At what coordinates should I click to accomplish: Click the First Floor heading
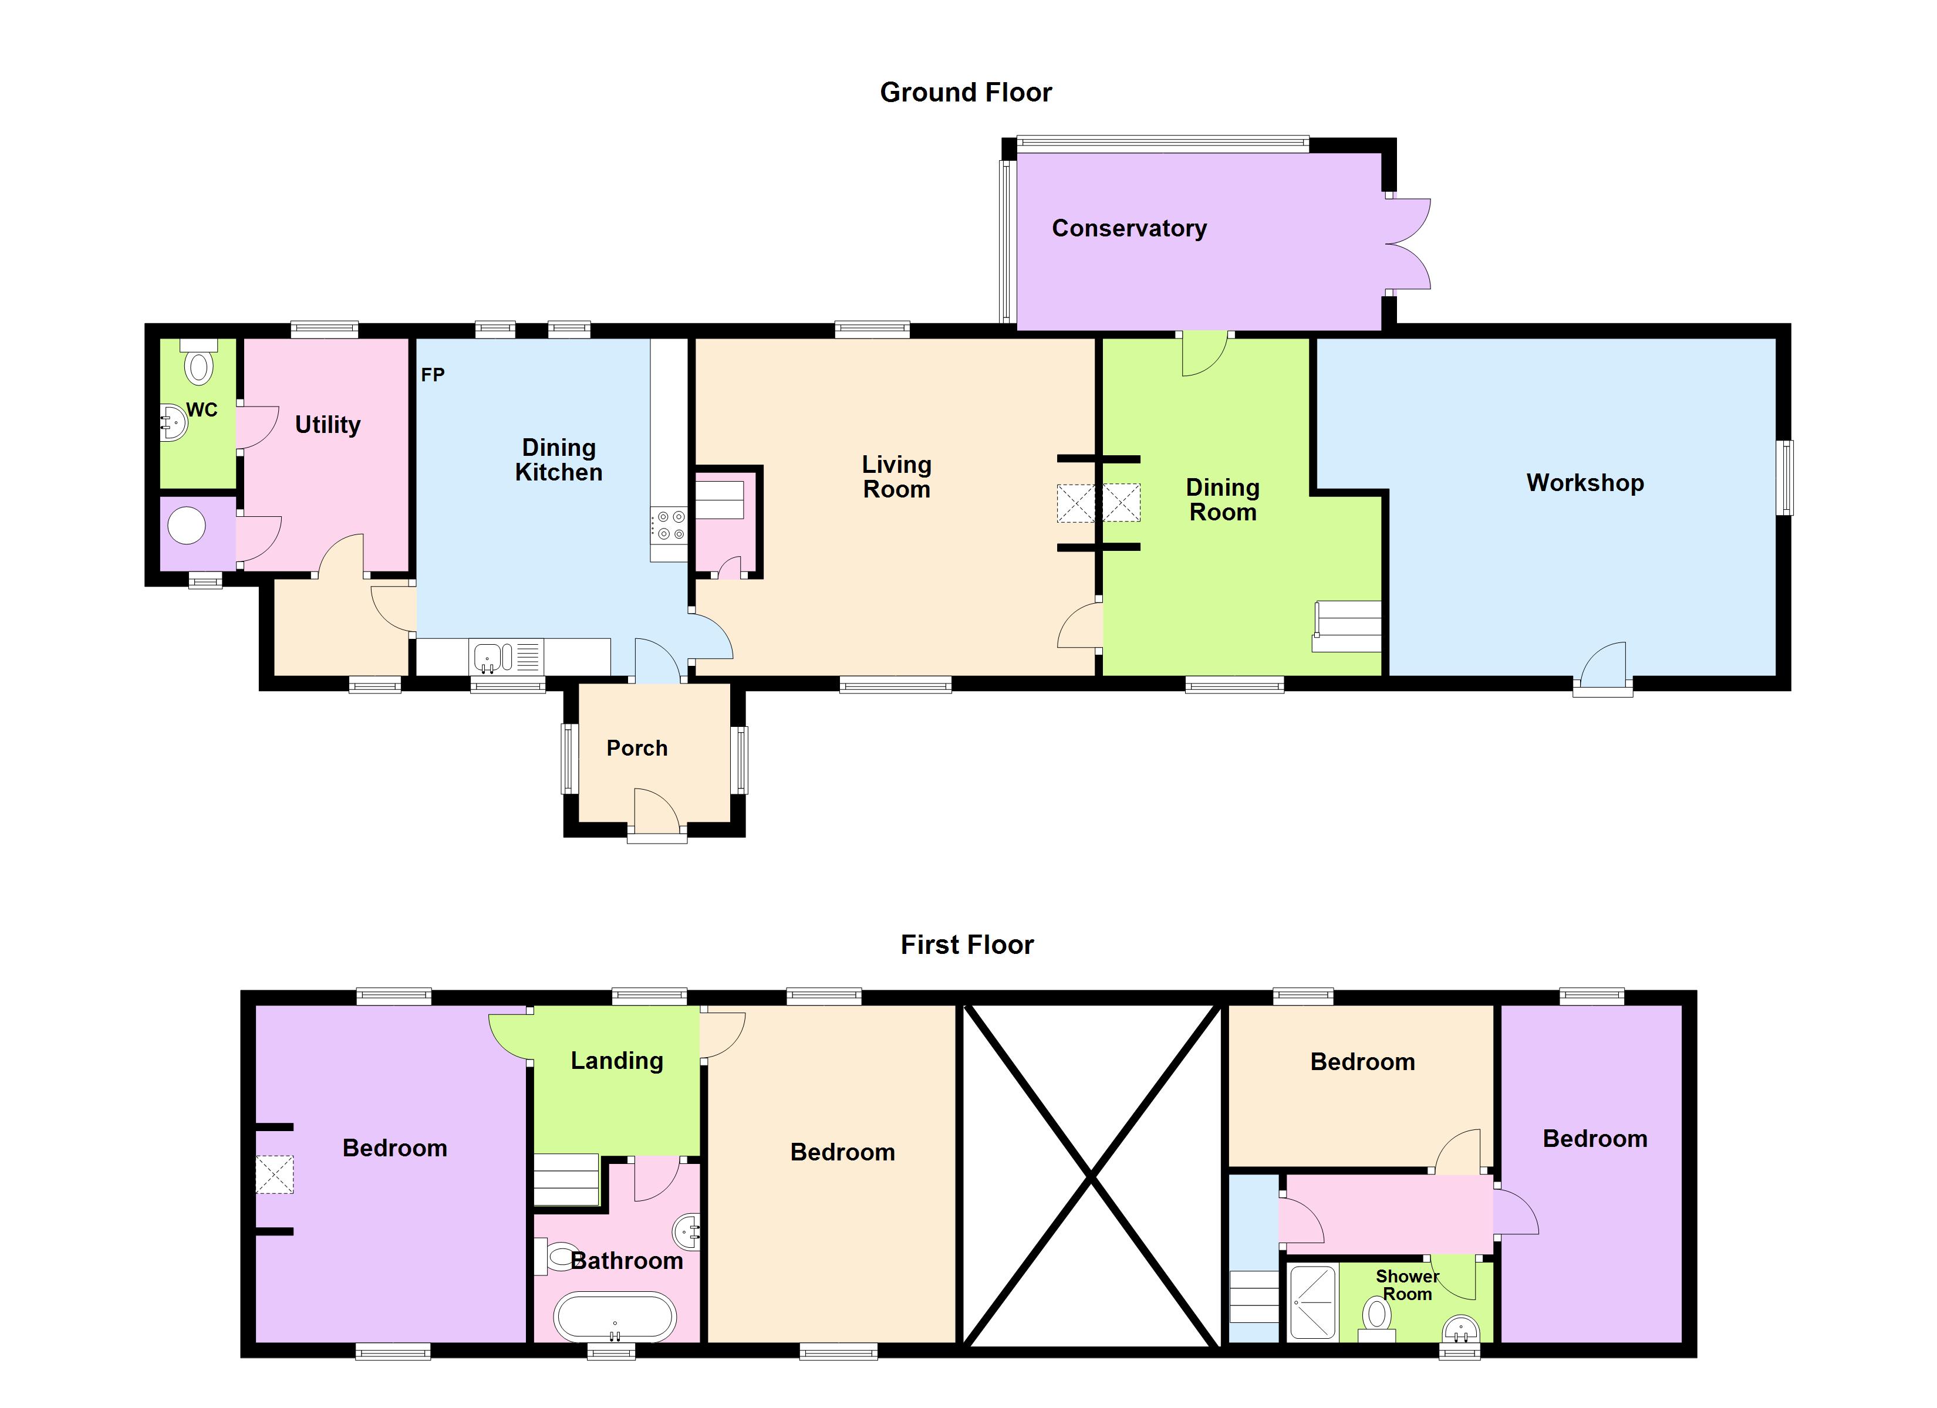[x=967, y=945]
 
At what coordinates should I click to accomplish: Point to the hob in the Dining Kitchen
[x=669, y=525]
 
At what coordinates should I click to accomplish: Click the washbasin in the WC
[x=174, y=422]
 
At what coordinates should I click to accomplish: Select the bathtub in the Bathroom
[x=615, y=1316]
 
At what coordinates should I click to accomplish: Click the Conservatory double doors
[x=1406, y=244]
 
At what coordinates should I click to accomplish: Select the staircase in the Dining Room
[x=1347, y=626]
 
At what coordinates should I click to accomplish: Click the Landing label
[x=617, y=1061]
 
